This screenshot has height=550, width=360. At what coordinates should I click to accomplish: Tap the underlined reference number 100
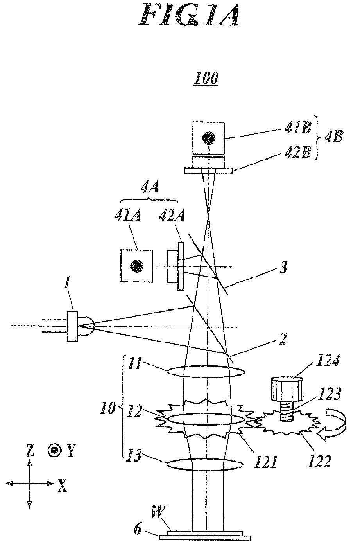(206, 78)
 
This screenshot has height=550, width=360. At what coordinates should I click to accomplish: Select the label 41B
(298, 128)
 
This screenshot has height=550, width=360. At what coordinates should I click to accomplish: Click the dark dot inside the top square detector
(209, 138)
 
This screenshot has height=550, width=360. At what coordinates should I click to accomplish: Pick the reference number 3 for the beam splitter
(283, 268)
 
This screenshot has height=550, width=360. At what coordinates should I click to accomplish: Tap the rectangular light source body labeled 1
(72, 326)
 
